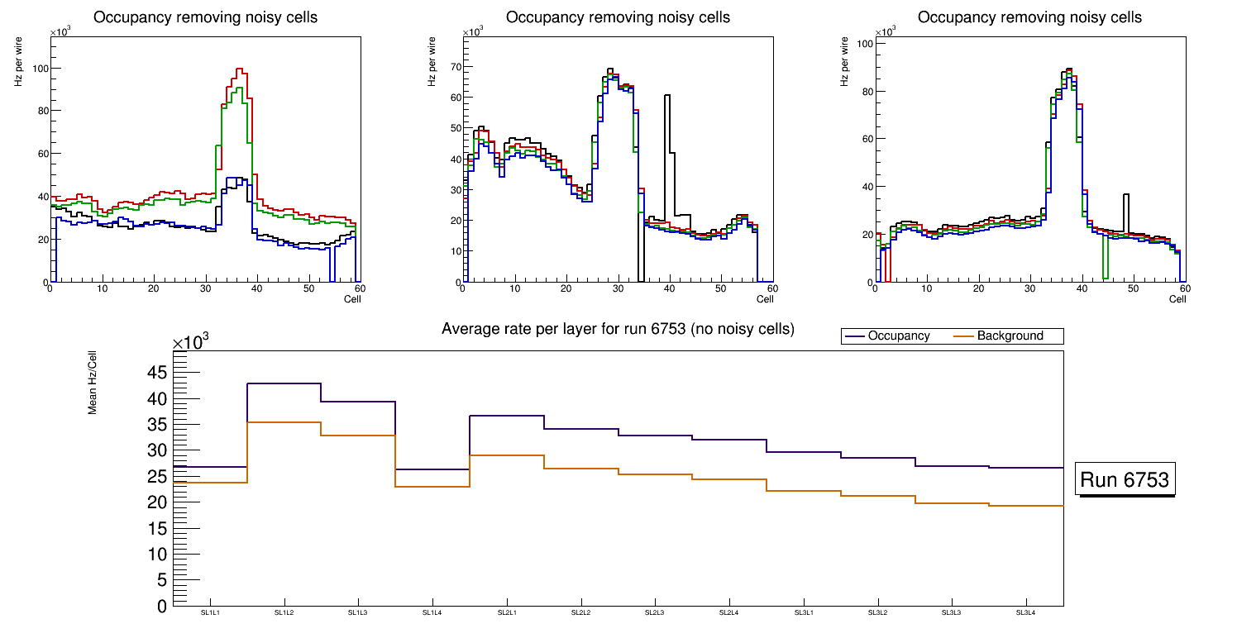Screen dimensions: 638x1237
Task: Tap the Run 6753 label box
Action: pyautogui.click(x=1125, y=480)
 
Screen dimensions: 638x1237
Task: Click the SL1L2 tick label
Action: pyautogui.click(x=284, y=613)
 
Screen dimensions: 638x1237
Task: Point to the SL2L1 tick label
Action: pyautogui.click(x=507, y=613)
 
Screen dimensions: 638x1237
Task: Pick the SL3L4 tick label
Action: pyautogui.click(x=1025, y=613)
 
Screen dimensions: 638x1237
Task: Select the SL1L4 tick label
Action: pyautogui.click(x=432, y=613)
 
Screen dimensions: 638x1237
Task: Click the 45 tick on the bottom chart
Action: pyautogui.click(x=158, y=373)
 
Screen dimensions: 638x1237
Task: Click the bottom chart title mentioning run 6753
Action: pyautogui.click(x=618, y=329)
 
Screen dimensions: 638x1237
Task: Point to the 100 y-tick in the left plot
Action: pyautogui.click(x=37, y=68)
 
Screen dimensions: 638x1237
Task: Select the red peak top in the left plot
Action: pyautogui.click(x=240, y=69)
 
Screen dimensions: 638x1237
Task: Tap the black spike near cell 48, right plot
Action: pyautogui.click(x=1126, y=195)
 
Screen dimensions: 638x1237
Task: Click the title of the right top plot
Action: pyautogui.click(x=1029, y=17)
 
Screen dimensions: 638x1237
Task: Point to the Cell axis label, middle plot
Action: pyautogui.click(x=766, y=298)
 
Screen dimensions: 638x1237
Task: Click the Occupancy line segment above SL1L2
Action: pyautogui.click(x=284, y=383)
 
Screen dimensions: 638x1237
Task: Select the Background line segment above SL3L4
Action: pyautogui.click(x=1025, y=506)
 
